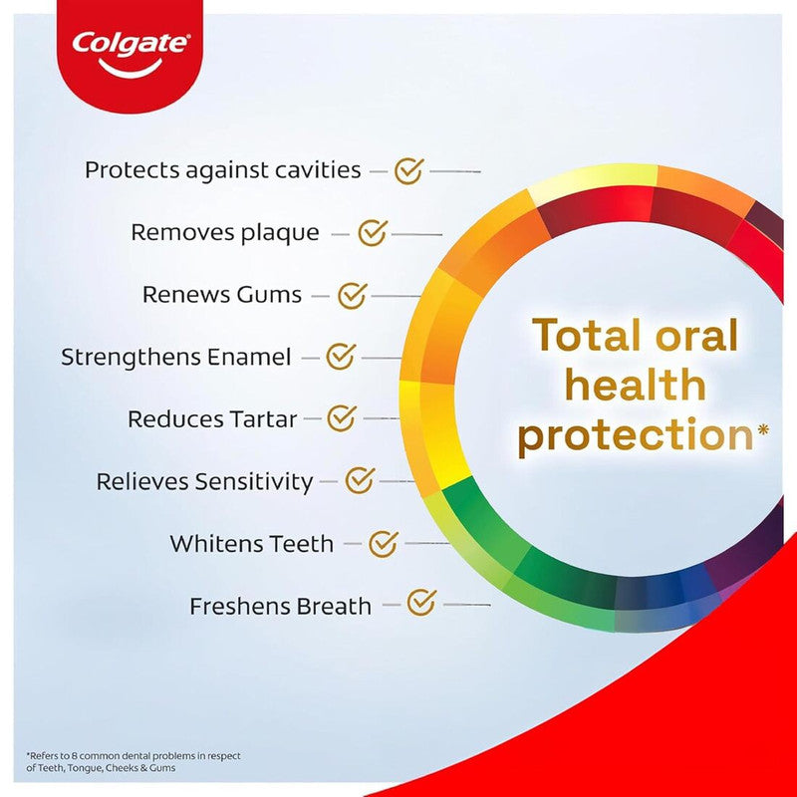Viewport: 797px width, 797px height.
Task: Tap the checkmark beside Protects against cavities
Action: point(407,170)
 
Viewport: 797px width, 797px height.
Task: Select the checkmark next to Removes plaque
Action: point(372,233)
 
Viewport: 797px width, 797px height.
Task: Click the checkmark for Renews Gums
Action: point(352,295)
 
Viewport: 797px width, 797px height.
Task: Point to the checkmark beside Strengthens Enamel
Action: point(341,356)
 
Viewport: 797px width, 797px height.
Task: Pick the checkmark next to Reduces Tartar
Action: point(342,418)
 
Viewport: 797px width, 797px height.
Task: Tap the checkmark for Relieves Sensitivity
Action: point(359,481)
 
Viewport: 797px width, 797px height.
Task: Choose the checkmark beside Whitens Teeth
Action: point(383,544)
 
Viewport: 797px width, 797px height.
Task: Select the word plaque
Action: point(280,233)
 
